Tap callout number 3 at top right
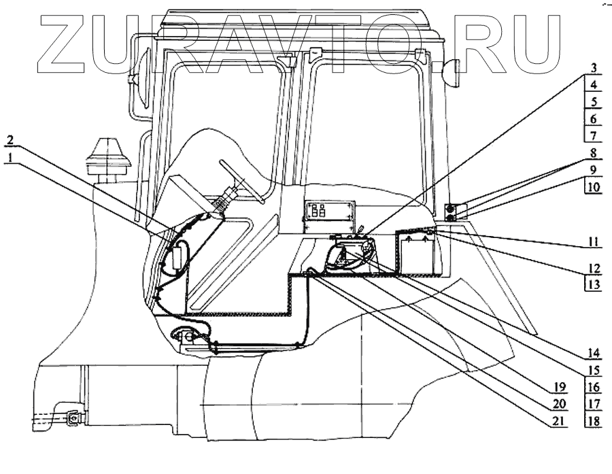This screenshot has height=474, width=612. pos(593,68)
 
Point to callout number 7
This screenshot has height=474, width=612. pos(593,135)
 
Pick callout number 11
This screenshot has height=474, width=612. pos(592,241)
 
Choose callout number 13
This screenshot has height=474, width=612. pos(592,284)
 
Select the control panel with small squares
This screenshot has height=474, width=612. pos(329,211)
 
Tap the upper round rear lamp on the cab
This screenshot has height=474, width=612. pos(450,207)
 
